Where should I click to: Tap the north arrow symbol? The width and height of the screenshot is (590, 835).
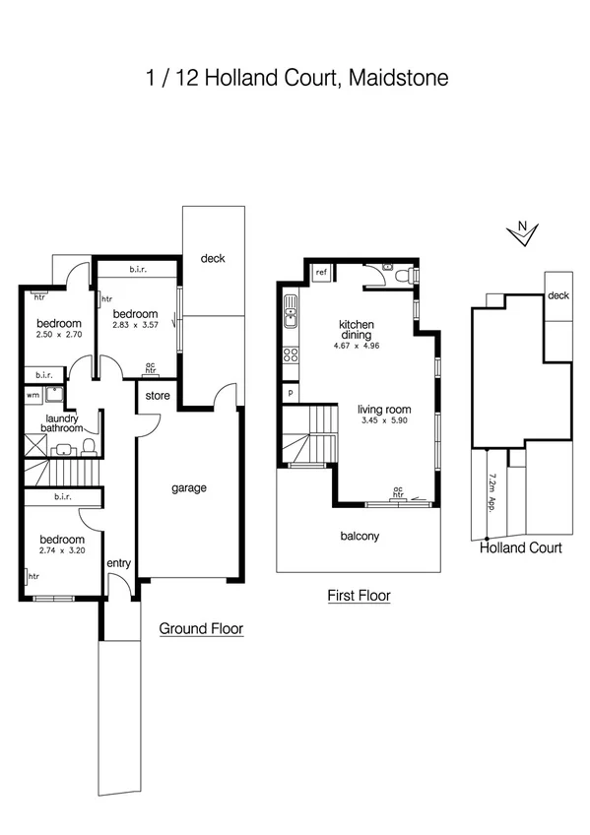click(525, 233)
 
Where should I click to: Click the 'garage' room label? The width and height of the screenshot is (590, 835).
click(188, 487)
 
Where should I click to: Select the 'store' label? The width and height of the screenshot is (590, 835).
click(157, 397)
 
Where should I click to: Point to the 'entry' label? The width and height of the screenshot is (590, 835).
click(119, 562)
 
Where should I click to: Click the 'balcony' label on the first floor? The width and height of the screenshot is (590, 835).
click(360, 537)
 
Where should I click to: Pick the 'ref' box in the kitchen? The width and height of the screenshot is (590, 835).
click(320, 274)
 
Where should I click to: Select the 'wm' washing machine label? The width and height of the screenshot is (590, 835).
click(33, 396)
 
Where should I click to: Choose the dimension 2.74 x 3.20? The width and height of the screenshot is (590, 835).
click(61, 551)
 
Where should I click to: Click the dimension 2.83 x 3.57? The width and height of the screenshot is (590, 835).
click(136, 324)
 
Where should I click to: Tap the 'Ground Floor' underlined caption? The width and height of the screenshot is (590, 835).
click(201, 628)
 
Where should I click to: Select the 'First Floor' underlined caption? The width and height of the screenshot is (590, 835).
click(359, 596)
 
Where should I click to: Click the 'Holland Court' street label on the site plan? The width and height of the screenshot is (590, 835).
click(520, 548)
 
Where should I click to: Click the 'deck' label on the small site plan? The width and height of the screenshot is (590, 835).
click(558, 295)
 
